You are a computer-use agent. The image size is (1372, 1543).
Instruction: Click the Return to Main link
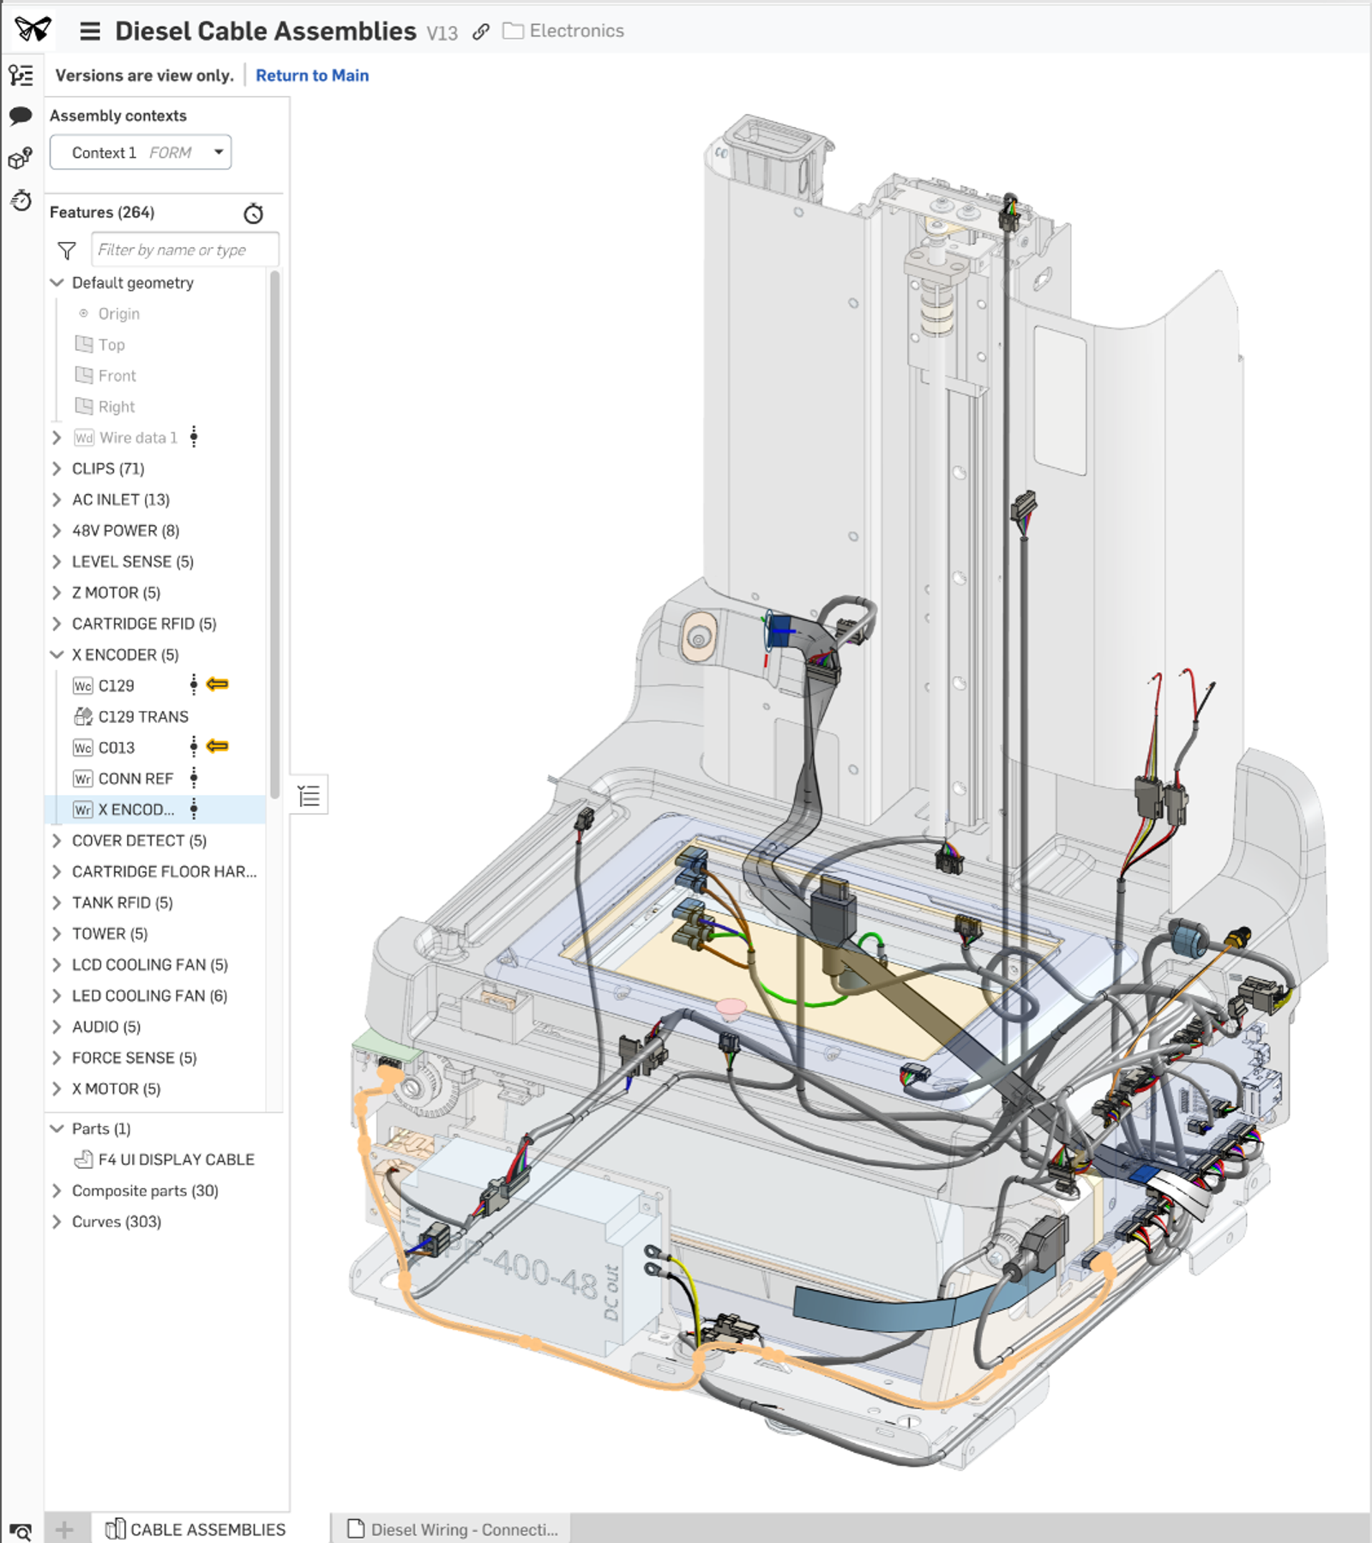click(312, 75)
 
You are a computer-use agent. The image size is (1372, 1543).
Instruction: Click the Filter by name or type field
click(184, 250)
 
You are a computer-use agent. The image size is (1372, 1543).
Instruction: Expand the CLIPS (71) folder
click(57, 468)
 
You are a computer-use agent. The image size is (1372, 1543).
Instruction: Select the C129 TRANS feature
click(142, 716)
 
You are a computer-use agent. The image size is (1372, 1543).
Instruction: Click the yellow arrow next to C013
click(218, 746)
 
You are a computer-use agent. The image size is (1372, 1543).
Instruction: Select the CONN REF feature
click(135, 779)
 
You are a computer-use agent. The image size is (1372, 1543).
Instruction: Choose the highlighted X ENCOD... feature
click(135, 810)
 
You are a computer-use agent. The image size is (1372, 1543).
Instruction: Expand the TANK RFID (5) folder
click(57, 902)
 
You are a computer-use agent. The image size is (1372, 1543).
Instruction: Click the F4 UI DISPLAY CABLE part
click(176, 1160)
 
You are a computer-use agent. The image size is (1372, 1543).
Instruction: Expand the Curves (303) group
click(57, 1221)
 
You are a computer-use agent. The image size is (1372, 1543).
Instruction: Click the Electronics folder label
click(575, 31)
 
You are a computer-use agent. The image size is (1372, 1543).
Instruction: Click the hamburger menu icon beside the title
click(90, 32)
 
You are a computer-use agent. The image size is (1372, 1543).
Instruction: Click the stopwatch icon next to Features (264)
click(253, 214)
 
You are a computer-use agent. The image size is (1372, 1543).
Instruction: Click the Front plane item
click(117, 376)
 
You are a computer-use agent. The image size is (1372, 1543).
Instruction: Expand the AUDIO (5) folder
click(57, 1027)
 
